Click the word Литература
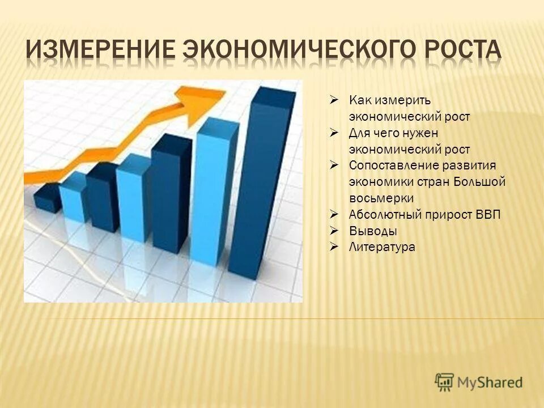click(x=382, y=247)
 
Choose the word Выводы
click(x=373, y=231)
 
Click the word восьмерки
click(x=381, y=198)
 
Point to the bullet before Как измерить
click(x=334, y=100)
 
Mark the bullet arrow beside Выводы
click(x=334, y=231)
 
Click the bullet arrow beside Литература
click(x=334, y=246)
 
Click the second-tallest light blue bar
click(x=134, y=198)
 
